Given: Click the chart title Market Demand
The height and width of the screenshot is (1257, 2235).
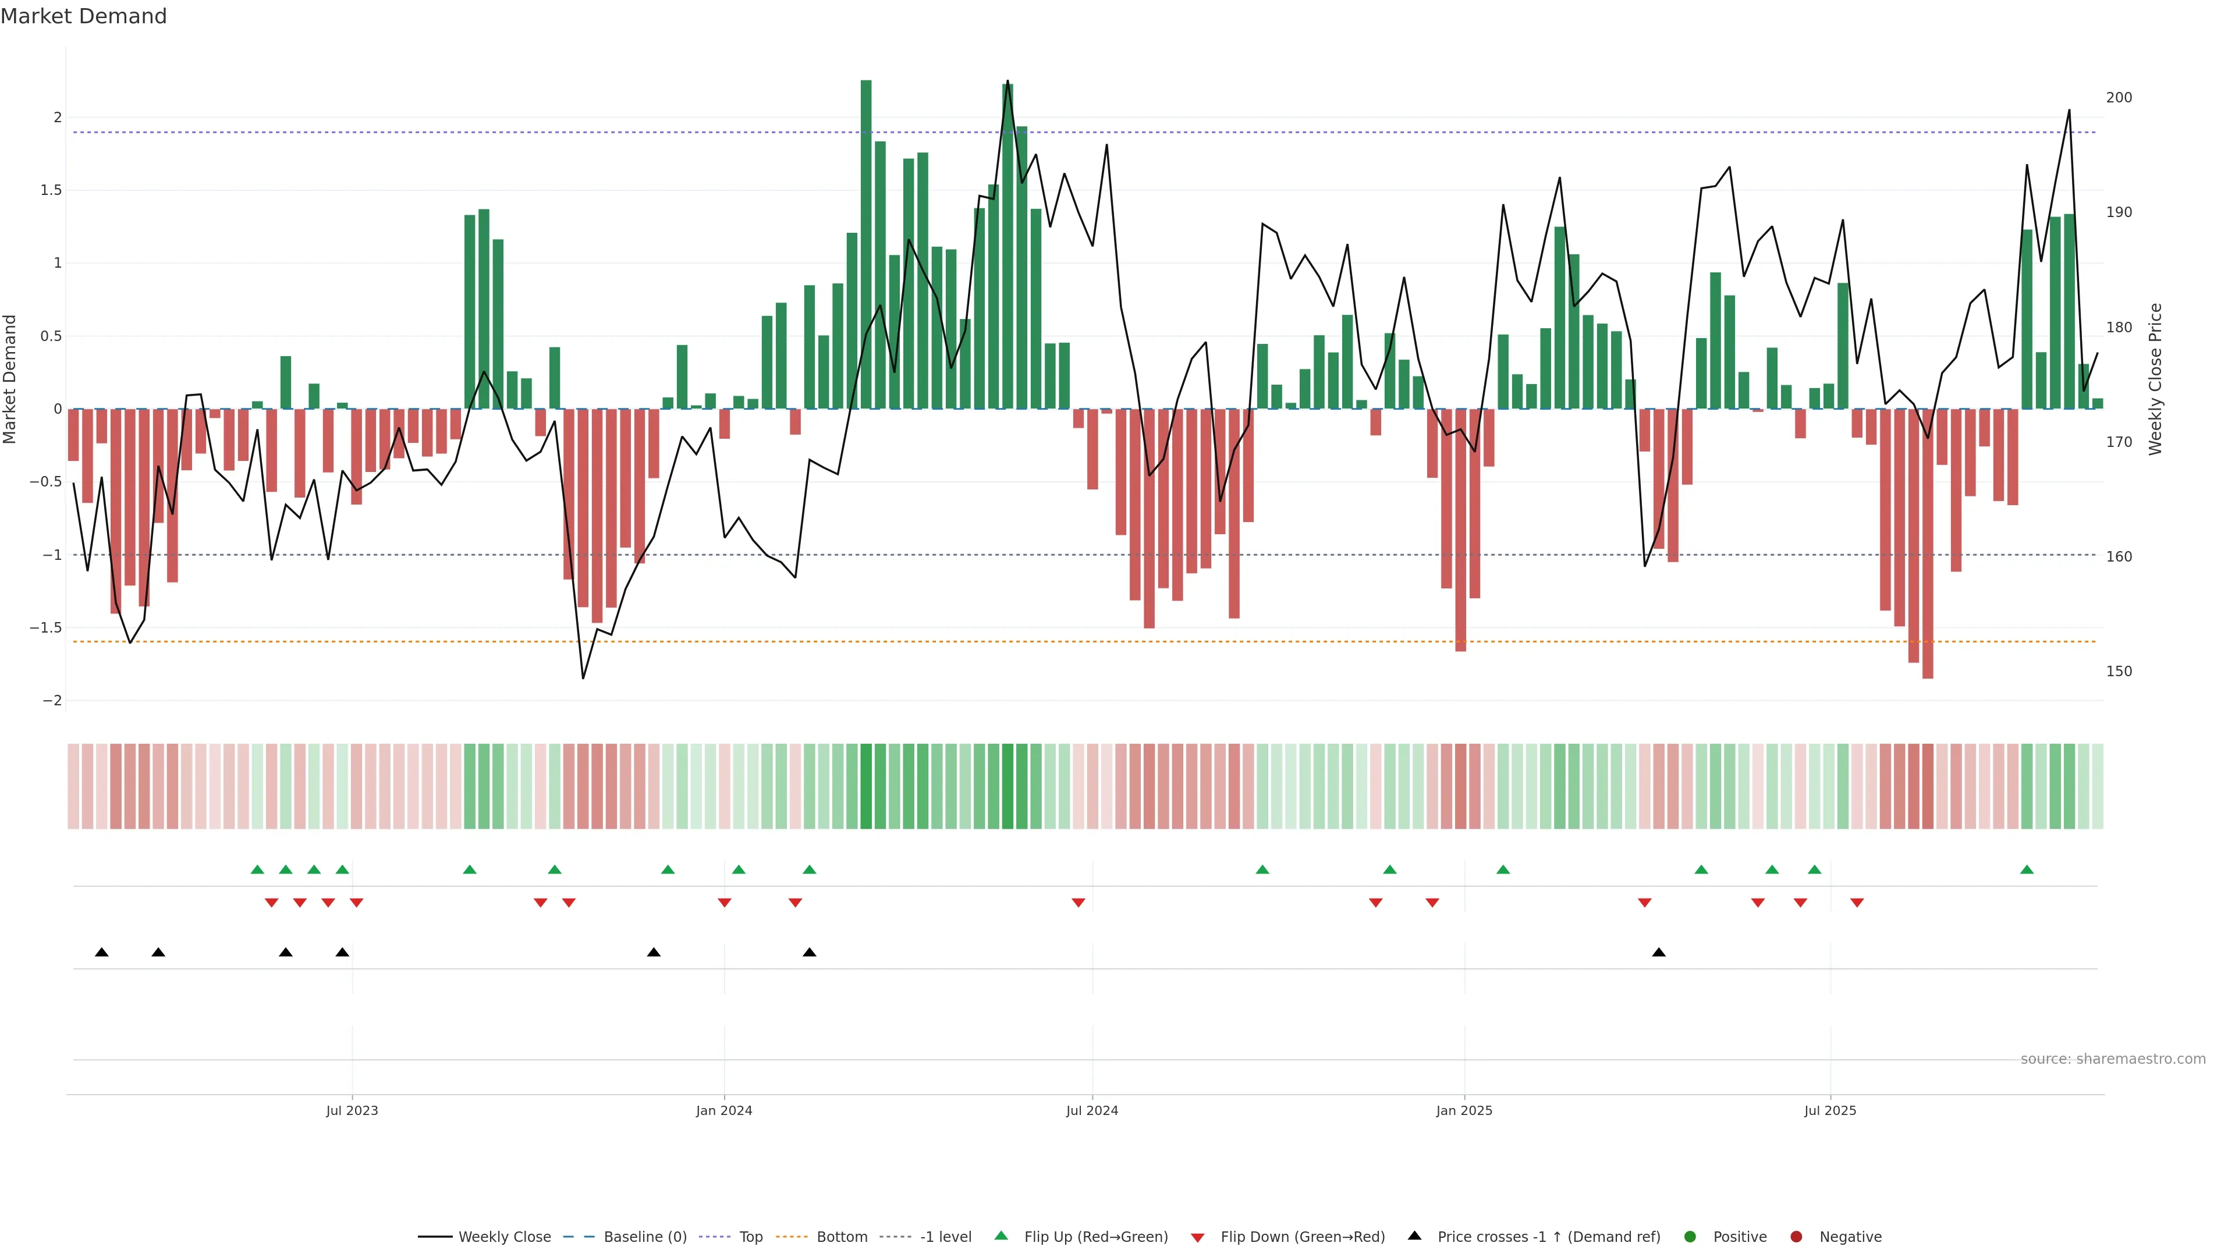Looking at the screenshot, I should pyautogui.click(x=83, y=16).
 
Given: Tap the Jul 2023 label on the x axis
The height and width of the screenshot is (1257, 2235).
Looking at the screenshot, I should pyautogui.click(x=352, y=1110).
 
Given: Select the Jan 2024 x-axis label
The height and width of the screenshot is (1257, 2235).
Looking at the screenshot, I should pyautogui.click(x=723, y=1110).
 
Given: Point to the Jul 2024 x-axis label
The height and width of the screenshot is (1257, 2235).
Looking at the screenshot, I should pyautogui.click(x=1091, y=1110).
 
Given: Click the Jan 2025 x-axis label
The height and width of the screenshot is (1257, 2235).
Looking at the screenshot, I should pyautogui.click(x=1464, y=1110).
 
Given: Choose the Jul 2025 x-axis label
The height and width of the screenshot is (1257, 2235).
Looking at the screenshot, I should pyautogui.click(x=1830, y=1110).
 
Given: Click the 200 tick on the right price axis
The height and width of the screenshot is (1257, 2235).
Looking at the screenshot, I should pyautogui.click(x=2119, y=97).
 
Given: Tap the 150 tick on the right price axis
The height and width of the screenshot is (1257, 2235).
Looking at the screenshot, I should pyautogui.click(x=2119, y=672).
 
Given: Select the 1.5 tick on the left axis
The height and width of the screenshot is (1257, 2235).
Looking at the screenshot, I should pyautogui.click(x=51, y=190).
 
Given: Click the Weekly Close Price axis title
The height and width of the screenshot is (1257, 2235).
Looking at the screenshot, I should pyautogui.click(x=2156, y=379).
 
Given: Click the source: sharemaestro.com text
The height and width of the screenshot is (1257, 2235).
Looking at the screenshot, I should pyautogui.click(x=2113, y=1059).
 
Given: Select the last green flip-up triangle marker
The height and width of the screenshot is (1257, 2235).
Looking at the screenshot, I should pyautogui.click(x=2027, y=869).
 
